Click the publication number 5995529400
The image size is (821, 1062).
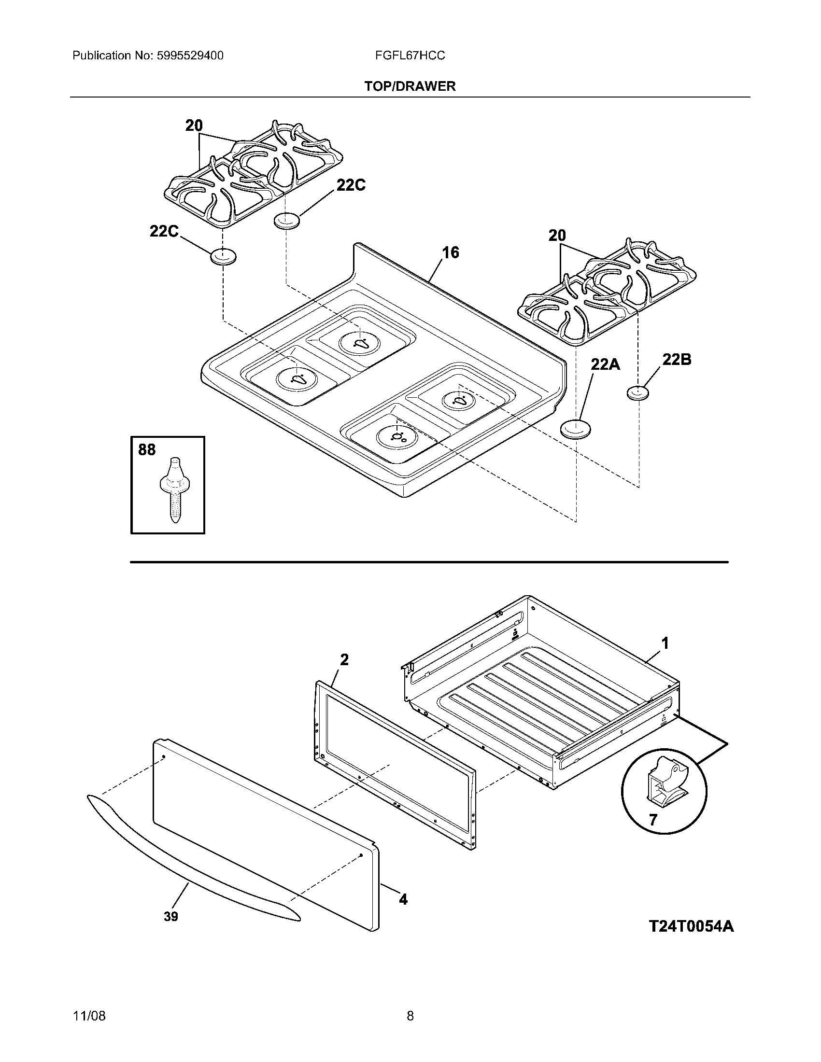pos(190,56)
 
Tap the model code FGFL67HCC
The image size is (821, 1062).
pos(410,56)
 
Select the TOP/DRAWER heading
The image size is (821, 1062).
pos(410,86)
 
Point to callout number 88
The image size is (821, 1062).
pos(147,450)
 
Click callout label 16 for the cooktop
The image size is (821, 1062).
pos(451,253)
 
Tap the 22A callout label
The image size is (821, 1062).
pos(605,363)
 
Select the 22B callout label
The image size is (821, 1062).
pos(676,360)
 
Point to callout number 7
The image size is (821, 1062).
pos(653,820)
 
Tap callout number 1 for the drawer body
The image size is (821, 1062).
pos(665,643)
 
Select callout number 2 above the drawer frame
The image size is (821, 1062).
pos(344,660)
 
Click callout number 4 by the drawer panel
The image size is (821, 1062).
pos(403,900)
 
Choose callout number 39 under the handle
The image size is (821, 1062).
pos(170,917)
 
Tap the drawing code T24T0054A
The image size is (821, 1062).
pos(691,926)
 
